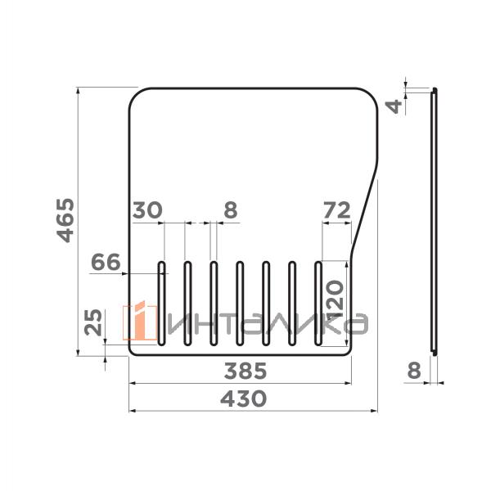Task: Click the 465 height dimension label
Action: point(65,220)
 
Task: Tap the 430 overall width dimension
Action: point(243,399)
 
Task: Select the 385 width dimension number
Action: point(245,371)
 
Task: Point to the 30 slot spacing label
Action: point(147,210)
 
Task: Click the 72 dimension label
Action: point(336,210)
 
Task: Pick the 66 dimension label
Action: point(106,262)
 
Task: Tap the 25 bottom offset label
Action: point(93,322)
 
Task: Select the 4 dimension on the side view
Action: point(394,106)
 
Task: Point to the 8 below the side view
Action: point(414,371)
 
